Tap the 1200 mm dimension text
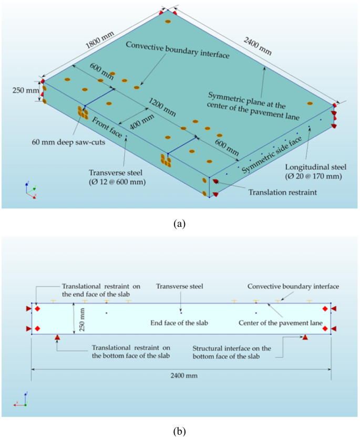click(161, 107)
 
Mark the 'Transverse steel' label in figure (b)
click(180, 286)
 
